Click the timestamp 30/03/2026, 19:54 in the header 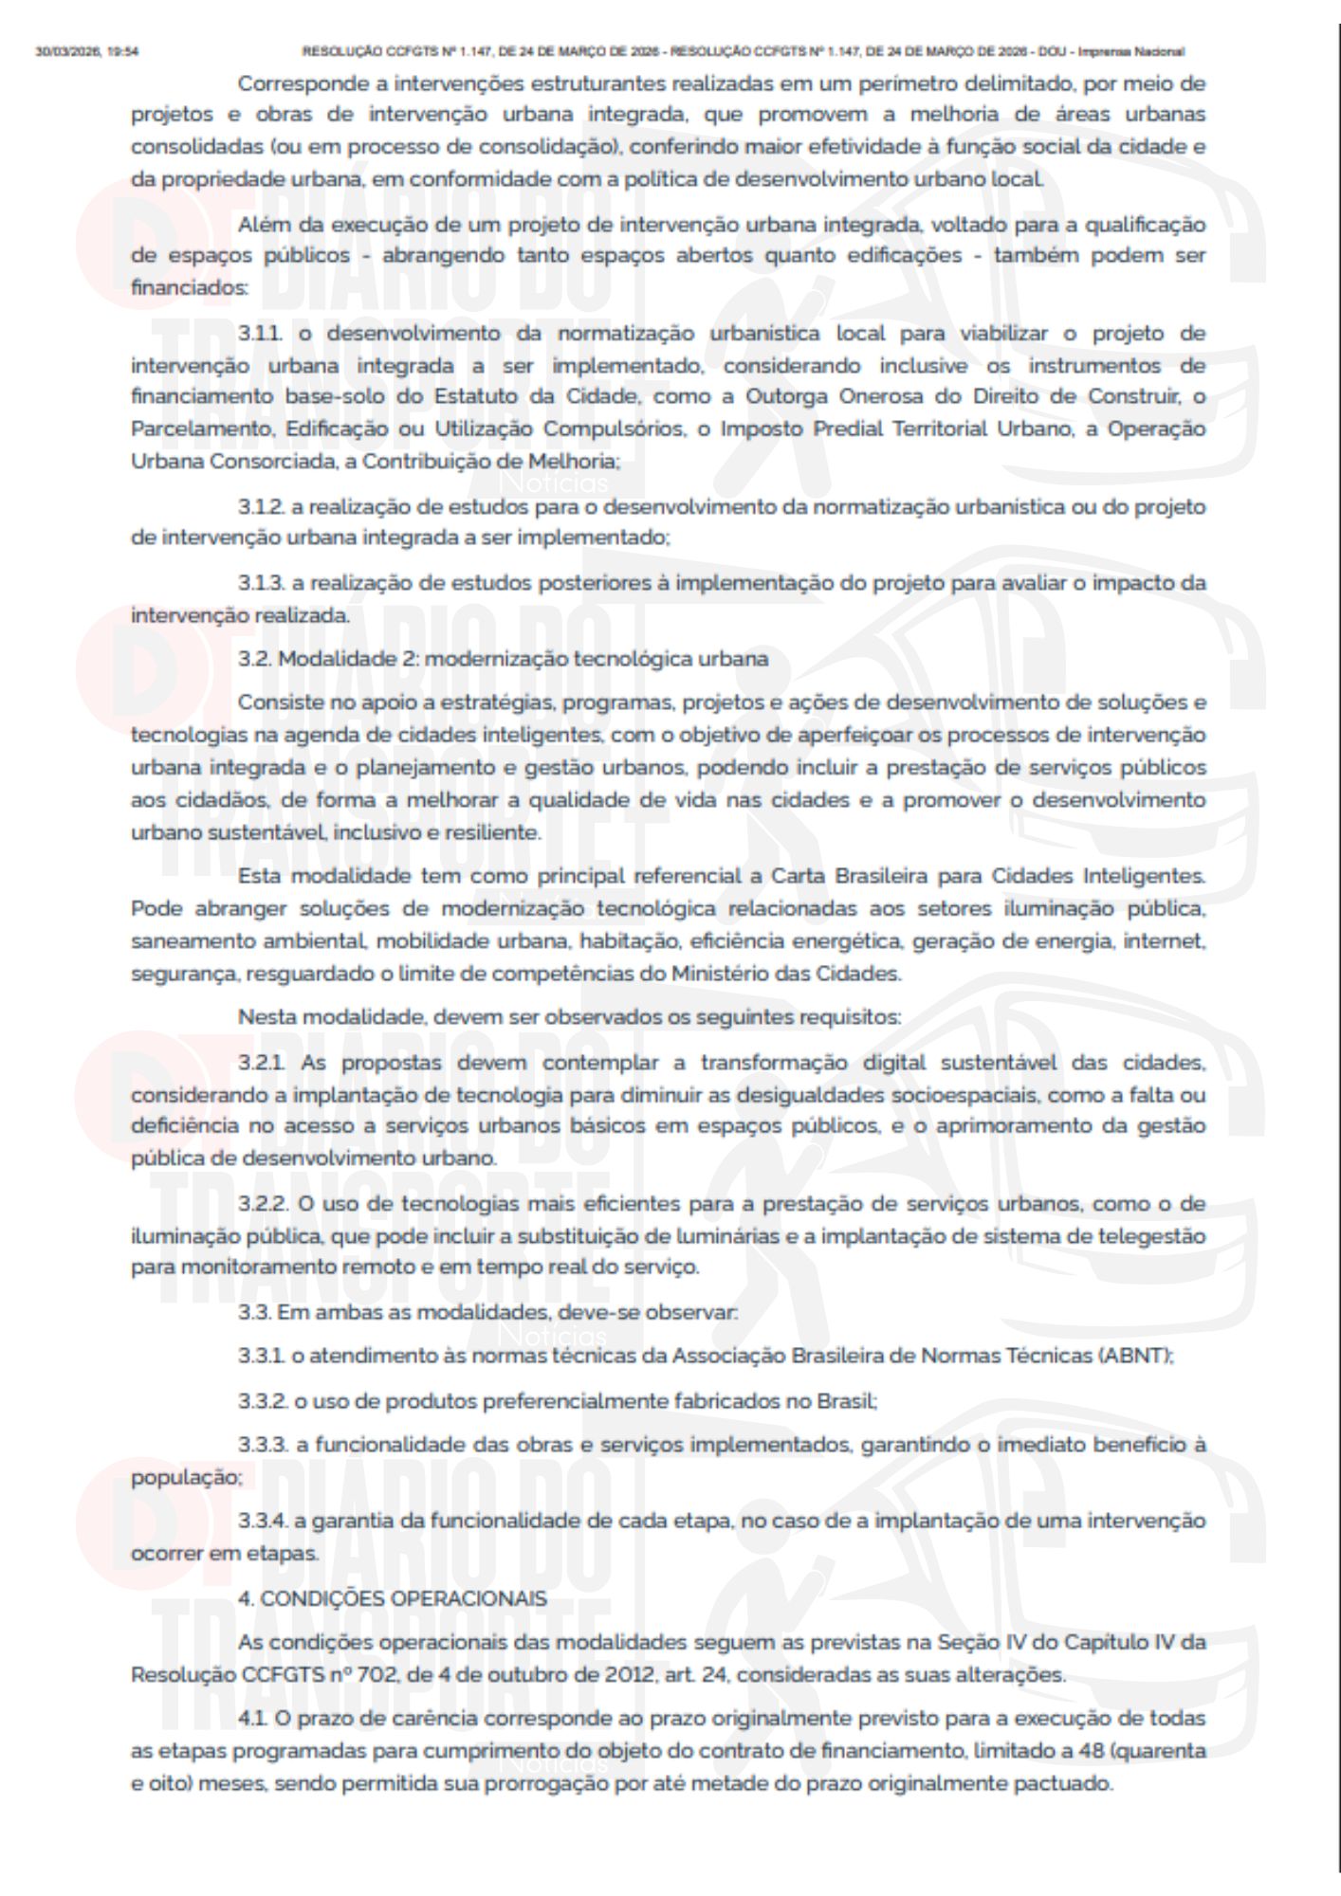(x=86, y=51)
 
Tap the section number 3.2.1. (x=262, y=1063)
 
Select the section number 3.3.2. (x=262, y=1400)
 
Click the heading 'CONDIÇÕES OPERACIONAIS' (x=403, y=1598)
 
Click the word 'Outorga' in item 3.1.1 (x=781, y=397)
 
